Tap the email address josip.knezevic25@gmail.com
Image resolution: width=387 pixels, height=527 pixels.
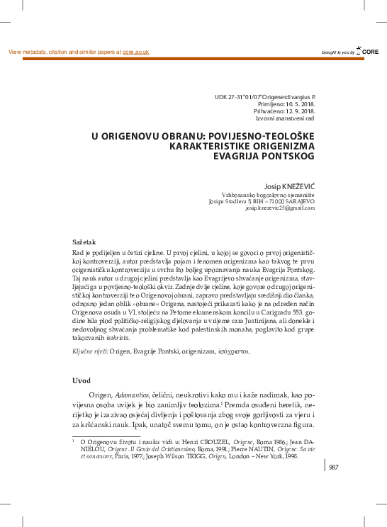coord(280,208)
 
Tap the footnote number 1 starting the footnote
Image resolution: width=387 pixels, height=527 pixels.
coord(74,440)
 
